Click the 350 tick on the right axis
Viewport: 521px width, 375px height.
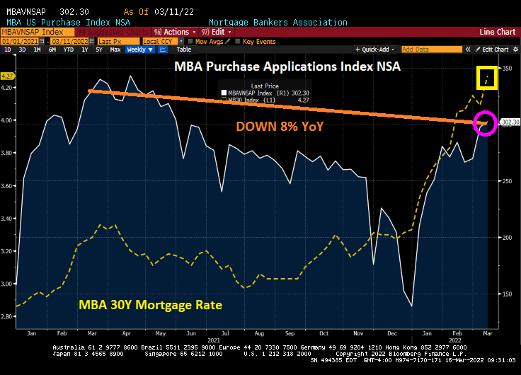(x=506, y=69)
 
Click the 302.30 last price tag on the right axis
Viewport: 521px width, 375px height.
(x=510, y=122)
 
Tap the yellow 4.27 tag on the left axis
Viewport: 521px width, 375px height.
(x=8, y=76)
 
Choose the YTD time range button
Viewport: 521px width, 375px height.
(x=69, y=50)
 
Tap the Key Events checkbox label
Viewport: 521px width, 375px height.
(x=258, y=41)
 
